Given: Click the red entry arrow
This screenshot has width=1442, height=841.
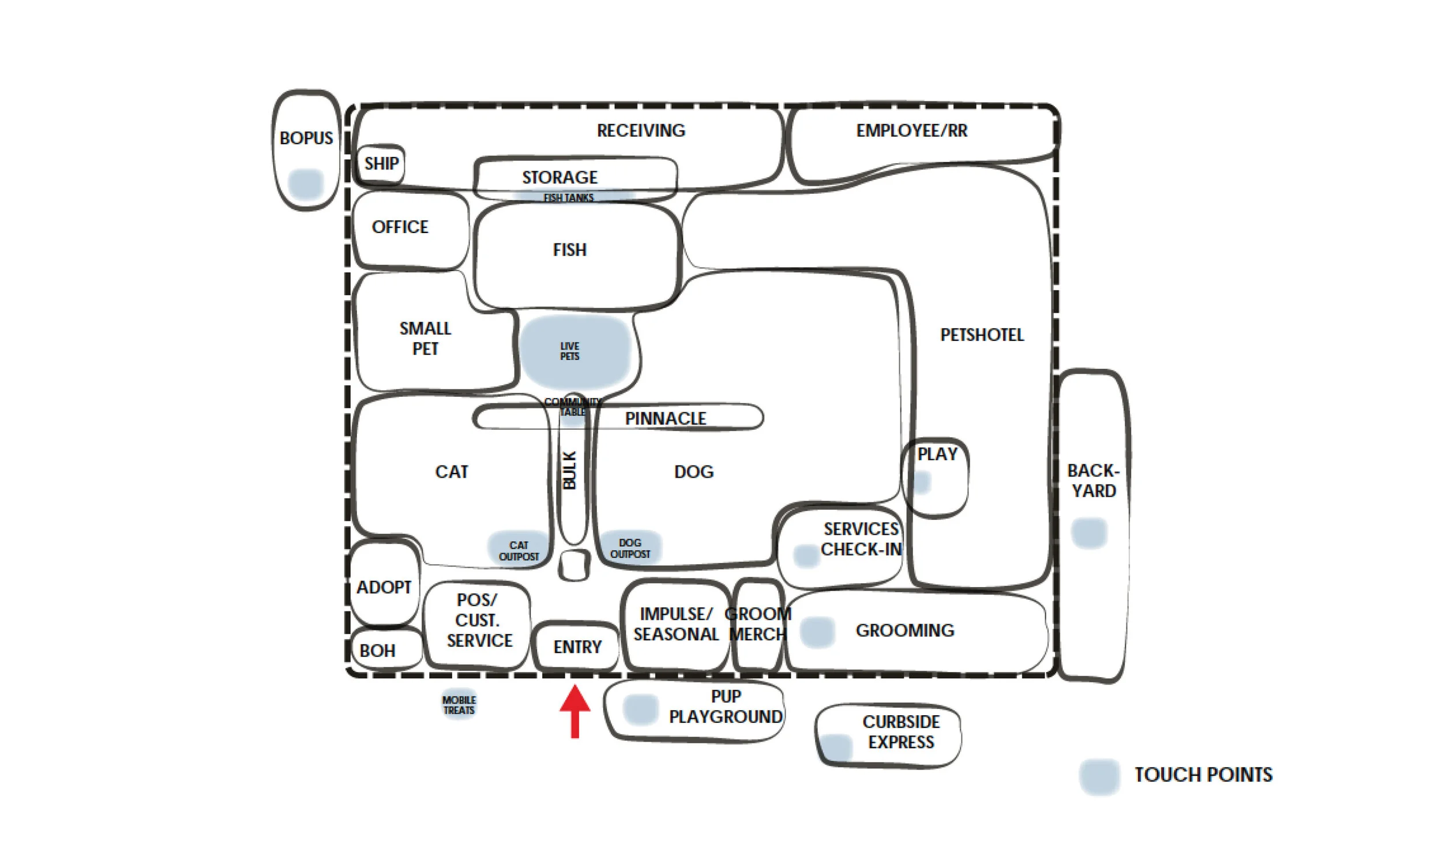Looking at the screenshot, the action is tap(575, 711).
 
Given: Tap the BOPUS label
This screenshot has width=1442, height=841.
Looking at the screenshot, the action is tap(306, 138).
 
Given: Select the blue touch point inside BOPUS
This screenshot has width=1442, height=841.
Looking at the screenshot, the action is tap(306, 184).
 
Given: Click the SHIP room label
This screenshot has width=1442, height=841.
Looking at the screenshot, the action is tap(381, 163).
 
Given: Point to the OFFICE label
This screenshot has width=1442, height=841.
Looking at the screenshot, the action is tap(400, 227).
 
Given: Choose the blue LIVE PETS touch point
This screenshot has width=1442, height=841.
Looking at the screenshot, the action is tap(575, 352).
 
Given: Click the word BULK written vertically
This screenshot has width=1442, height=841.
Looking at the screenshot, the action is tap(569, 470).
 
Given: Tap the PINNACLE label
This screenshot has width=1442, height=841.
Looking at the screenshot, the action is tap(666, 418).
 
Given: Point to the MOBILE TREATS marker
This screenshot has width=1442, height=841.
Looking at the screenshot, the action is tap(459, 705).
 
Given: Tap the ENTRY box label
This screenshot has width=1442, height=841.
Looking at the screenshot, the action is tap(577, 647).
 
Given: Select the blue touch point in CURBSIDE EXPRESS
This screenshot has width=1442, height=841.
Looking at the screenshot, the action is tap(836, 748).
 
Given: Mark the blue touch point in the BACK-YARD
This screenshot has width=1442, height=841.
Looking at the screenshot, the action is tap(1089, 532).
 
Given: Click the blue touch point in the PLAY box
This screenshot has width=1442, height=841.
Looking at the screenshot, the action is tap(922, 482).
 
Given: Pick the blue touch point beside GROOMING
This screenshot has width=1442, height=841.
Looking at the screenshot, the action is tap(817, 632).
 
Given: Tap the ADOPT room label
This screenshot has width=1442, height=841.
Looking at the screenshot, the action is tap(384, 587).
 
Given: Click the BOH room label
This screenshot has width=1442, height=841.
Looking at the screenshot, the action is tap(377, 651).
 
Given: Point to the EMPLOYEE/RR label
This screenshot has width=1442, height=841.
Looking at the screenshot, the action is tap(912, 131).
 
